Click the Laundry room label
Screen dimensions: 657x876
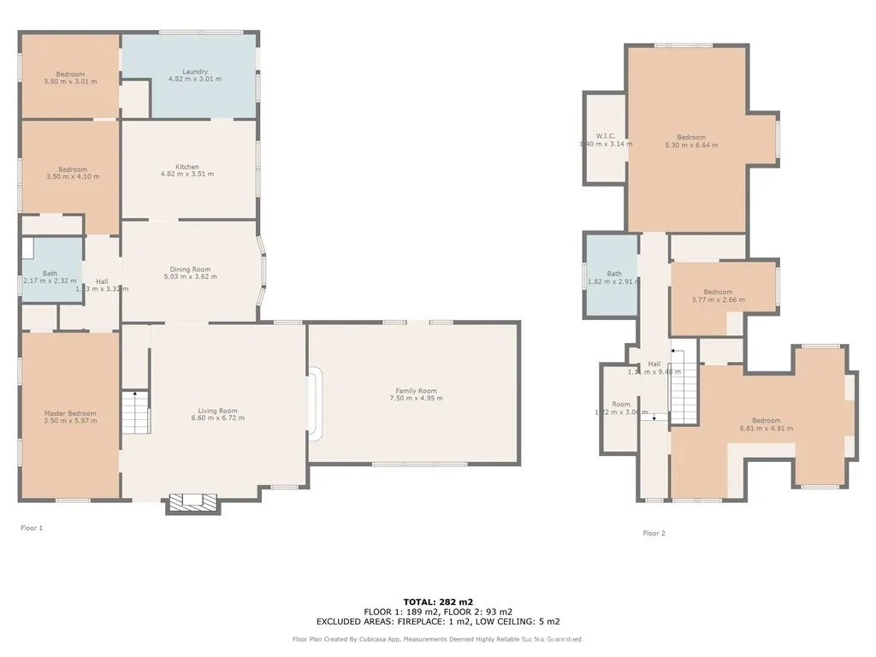tap(195, 72)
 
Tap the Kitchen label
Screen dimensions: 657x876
tap(187, 167)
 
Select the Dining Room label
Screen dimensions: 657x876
tap(190, 269)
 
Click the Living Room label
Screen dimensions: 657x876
tap(216, 411)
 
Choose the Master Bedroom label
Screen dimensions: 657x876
tap(70, 413)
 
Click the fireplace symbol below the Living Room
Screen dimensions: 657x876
tap(192, 502)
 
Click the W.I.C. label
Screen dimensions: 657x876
tap(606, 136)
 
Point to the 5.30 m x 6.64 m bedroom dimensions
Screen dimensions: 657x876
tap(691, 145)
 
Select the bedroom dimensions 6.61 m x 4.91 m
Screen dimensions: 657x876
tap(766, 429)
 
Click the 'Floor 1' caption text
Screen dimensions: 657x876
tap(32, 528)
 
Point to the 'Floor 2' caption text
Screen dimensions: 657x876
tap(654, 533)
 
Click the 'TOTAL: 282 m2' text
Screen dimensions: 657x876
tap(437, 602)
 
